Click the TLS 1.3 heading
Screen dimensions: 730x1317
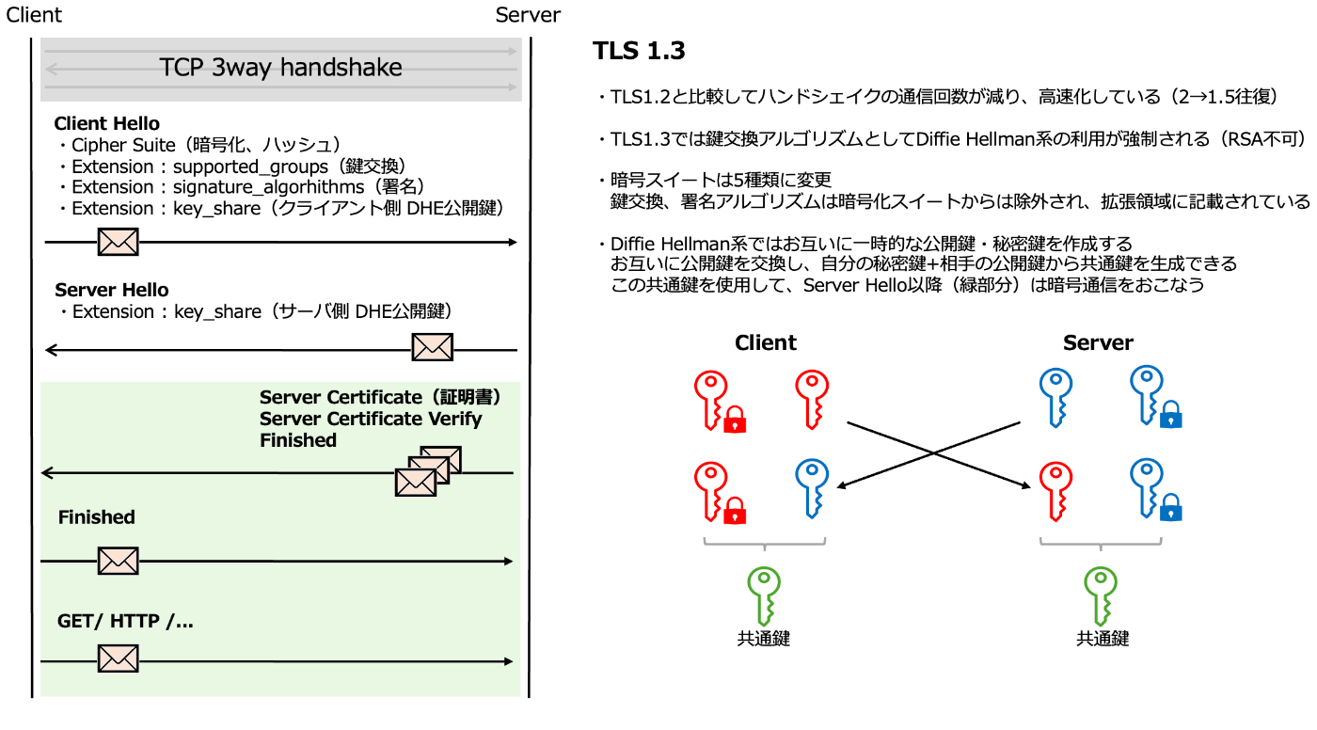[x=639, y=52]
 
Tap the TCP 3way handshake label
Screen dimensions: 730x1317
[x=280, y=68]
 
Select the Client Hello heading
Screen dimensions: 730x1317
[x=106, y=123]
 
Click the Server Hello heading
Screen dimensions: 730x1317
[x=111, y=290]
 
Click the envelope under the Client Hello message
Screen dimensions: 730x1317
[x=119, y=242]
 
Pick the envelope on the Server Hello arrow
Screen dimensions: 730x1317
[x=432, y=347]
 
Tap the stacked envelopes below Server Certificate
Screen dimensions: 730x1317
[x=427, y=471]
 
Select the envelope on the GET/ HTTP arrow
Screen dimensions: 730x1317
[x=119, y=658]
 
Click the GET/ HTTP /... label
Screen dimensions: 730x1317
[x=125, y=621]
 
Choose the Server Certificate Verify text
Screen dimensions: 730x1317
[x=371, y=419]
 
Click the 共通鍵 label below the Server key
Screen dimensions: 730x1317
[x=1102, y=639]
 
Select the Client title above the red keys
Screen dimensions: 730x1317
[x=765, y=342]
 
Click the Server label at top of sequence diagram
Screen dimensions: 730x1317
[x=527, y=15]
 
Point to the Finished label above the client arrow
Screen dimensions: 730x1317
[x=96, y=517]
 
